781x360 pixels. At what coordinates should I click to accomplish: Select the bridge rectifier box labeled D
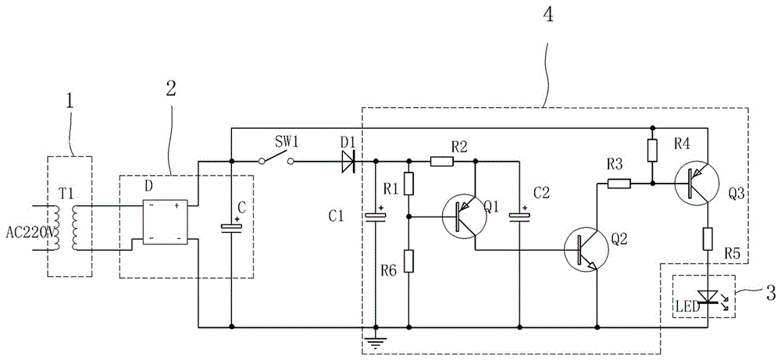(x=165, y=222)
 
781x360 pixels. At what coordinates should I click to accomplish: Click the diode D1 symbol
(x=348, y=162)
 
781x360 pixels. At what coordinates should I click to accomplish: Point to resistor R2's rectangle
(x=442, y=162)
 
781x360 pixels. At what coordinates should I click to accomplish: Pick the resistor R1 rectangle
(x=409, y=184)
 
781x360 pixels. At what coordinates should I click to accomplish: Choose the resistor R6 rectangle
(x=409, y=261)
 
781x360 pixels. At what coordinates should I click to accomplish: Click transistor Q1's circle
(x=465, y=217)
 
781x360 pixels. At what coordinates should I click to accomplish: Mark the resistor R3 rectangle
(x=619, y=184)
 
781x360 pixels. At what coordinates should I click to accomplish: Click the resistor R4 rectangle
(x=652, y=151)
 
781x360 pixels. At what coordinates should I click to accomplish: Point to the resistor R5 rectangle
(x=708, y=239)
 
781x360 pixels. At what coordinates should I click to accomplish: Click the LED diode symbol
(x=709, y=297)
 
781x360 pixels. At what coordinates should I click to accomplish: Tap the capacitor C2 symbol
(x=519, y=215)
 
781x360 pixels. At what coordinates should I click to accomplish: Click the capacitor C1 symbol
(x=376, y=215)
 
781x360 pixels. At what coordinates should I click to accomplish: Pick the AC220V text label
(x=32, y=232)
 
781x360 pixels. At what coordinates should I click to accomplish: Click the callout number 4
(x=547, y=14)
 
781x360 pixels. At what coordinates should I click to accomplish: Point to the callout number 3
(x=771, y=294)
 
